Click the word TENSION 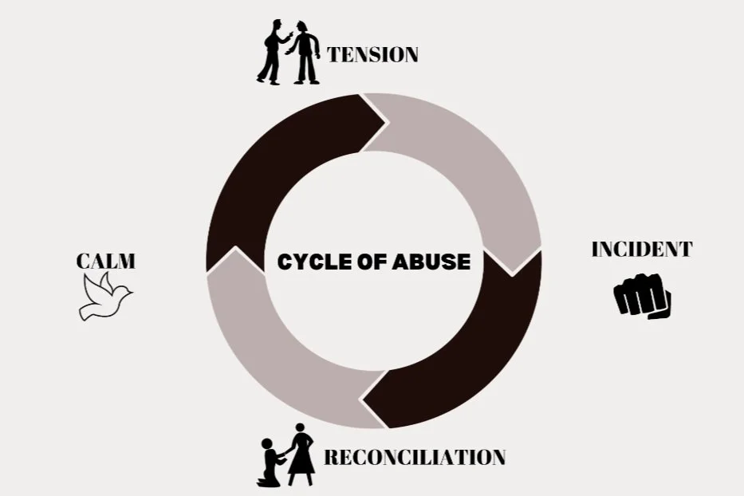[372, 55]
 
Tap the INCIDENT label [641, 250]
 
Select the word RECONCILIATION [414, 458]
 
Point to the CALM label [105, 261]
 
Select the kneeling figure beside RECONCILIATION [272, 462]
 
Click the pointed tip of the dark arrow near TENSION [386, 124]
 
